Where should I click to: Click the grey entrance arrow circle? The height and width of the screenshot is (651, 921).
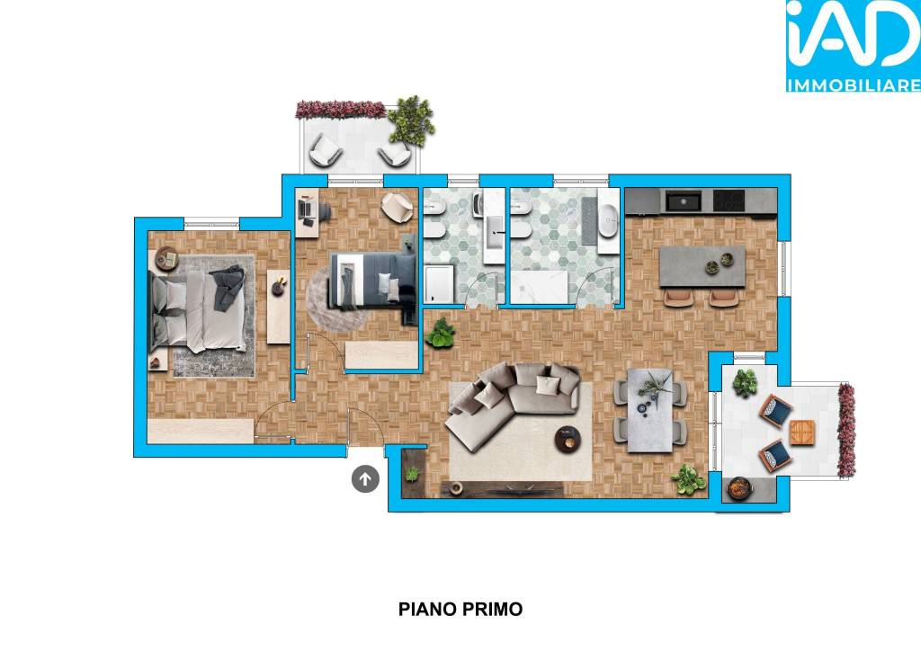(x=365, y=479)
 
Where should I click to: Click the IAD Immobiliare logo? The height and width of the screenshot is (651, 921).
(x=853, y=46)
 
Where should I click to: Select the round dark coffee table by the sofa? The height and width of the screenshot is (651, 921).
(x=568, y=439)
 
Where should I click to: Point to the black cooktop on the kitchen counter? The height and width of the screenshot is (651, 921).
(x=729, y=201)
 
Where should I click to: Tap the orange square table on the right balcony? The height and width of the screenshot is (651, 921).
(x=801, y=432)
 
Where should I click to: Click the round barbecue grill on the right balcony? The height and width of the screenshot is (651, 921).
(x=739, y=488)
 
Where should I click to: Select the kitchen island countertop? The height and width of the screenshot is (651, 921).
(x=702, y=266)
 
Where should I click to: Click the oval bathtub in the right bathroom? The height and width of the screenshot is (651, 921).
(x=609, y=220)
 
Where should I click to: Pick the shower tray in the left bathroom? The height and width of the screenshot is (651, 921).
(x=439, y=284)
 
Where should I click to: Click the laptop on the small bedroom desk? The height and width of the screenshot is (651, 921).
(x=305, y=210)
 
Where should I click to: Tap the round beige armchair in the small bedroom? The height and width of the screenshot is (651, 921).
(x=397, y=207)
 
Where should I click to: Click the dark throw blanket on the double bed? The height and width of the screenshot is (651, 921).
(x=228, y=287)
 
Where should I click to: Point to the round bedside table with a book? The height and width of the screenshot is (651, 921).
(x=166, y=258)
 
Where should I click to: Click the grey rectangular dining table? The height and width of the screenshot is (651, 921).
(x=649, y=410)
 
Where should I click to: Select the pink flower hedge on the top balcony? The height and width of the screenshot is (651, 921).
(x=340, y=109)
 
